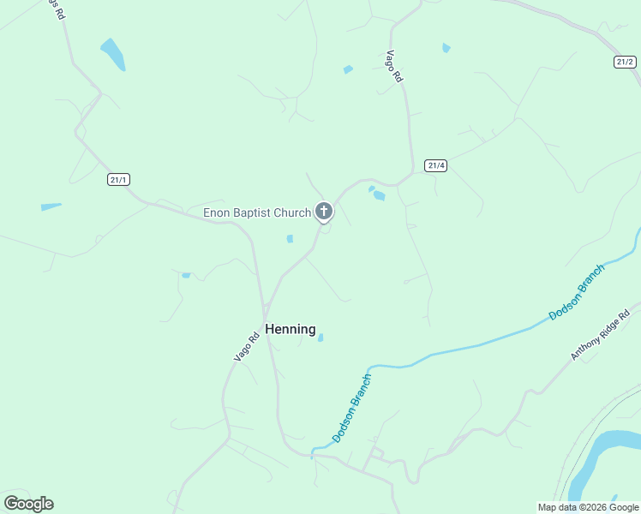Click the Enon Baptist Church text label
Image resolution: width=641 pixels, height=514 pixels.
(x=256, y=212)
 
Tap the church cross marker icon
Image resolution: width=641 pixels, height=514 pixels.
(x=324, y=211)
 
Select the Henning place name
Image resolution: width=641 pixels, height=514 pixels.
(x=291, y=329)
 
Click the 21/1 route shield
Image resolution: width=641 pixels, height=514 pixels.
(x=119, y=179)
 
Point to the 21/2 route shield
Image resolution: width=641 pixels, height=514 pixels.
(x=626, y=62)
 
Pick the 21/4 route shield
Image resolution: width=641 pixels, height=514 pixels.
(x=435, y=165)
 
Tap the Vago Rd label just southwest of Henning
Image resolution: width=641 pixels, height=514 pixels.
(x=247, y=346)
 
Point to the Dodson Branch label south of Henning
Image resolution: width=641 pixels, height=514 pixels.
(x=352, y=408)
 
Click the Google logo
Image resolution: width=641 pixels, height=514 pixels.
(x=28, y=504)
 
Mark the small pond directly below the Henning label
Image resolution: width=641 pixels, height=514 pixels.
(x=320, y=338)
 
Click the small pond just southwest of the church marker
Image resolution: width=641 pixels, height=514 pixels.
(x=290, y=239)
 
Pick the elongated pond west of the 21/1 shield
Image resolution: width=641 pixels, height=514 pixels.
(x=51, y=206)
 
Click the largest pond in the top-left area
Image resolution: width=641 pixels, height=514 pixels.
(x=112, y=54)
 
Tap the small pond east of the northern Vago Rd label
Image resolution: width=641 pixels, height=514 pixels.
(x=446, y=48)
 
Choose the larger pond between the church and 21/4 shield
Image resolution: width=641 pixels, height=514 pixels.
(x=379, y=196)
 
